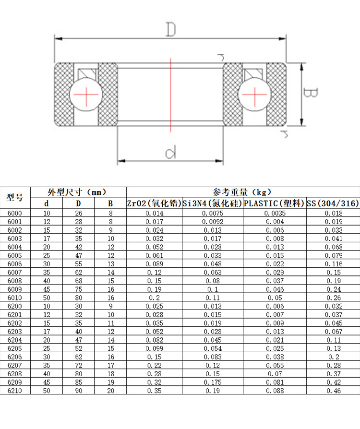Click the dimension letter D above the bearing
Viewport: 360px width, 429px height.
click(x=170, y=29)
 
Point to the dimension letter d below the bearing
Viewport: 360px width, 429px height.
click(x=170, y=154)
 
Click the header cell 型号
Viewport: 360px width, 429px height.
click(x=15, y=197)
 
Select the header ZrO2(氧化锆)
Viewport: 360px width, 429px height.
click(x=154, y=203)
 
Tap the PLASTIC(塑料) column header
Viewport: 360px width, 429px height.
click(x=275, y=203)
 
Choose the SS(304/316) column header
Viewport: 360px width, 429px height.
click(x=333, y=203)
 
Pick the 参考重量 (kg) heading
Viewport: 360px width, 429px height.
click(x=242, y=192)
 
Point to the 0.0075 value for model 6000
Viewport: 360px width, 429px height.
click(x=213, y=213)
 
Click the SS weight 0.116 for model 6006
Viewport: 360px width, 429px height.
click(x=333, y=264)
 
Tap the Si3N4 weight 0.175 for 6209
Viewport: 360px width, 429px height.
click(x=213, y=382)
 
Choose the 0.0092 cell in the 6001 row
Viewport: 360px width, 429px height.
click(x=213, y=222)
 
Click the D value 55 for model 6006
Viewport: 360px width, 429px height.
click(x=79, y=264)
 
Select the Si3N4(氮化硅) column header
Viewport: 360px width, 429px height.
click(x=213, y=203)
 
